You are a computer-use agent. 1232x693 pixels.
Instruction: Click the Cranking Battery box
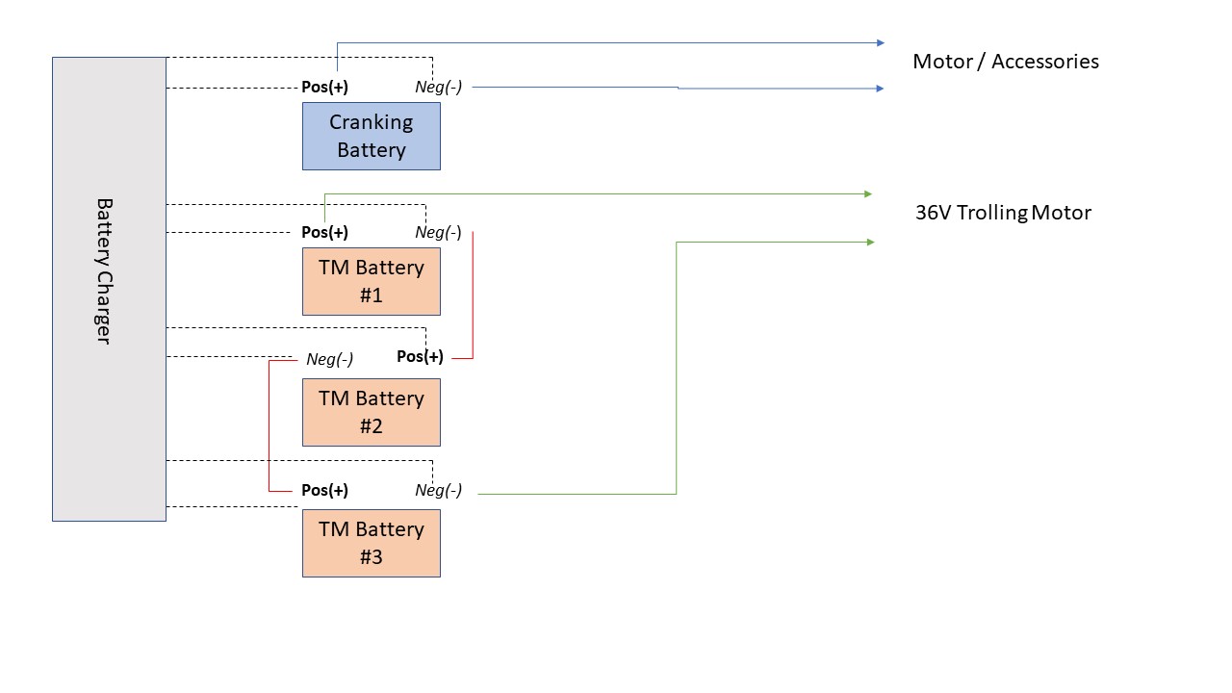[372, 137]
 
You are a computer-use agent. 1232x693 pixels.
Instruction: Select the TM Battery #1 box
[372, 282]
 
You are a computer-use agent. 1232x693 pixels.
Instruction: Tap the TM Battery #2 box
[372, 413]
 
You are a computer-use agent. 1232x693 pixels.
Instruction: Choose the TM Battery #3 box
[372, 544]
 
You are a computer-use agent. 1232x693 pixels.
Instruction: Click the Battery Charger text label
[104, 271]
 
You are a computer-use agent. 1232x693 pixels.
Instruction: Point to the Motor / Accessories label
[1006, 62]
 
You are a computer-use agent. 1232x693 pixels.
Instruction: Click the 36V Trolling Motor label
[1003, 213]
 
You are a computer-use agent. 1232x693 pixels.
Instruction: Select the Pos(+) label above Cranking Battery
[324, 87]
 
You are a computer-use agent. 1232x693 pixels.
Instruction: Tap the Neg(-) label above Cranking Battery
[438, 87]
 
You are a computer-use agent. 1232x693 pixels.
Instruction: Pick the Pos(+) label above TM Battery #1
[324, 232]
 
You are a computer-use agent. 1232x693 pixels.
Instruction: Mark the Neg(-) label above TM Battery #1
[438, 232]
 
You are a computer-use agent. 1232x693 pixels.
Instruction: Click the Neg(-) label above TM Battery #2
[329, 359]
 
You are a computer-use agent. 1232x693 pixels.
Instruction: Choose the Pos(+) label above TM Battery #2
[421, 356]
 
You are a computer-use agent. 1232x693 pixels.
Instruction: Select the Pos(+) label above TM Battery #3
[324, 490]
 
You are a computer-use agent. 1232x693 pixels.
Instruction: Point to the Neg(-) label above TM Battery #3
[438, 490]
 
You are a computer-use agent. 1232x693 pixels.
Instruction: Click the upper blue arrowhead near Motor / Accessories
[881, 43]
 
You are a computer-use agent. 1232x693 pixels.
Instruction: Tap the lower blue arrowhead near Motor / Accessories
[880, 89]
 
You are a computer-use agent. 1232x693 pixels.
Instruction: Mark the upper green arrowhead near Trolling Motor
[868, 194]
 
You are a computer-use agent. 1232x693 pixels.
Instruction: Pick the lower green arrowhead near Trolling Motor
[871, 242]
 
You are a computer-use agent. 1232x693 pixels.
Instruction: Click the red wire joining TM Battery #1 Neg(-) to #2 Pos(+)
[473, 295]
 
